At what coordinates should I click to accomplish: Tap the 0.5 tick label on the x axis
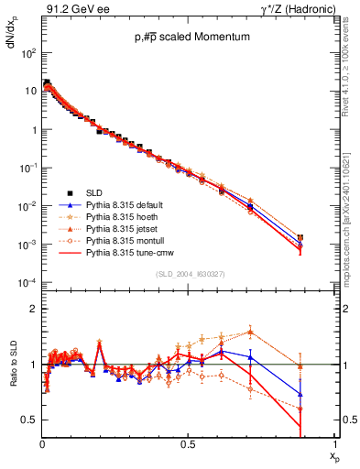click(188, 442)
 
